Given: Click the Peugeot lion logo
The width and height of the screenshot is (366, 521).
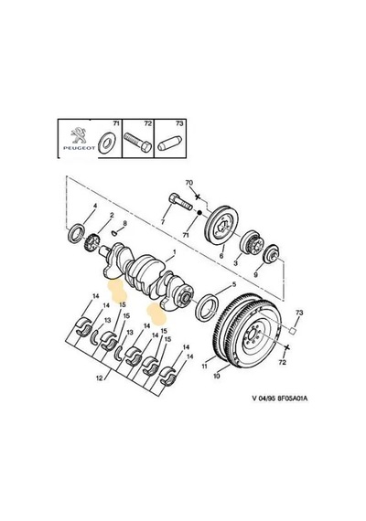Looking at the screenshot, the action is tap(78, 136).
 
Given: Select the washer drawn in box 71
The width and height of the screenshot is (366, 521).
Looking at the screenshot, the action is tap(106, 144).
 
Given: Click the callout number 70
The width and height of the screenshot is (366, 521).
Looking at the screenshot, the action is tap(189, 183).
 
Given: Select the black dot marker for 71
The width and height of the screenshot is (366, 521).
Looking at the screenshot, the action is tap(199, 212).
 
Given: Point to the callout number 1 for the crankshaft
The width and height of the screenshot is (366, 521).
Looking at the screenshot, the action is tap(174, 252).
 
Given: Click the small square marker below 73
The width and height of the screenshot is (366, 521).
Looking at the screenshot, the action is tap(293, 331).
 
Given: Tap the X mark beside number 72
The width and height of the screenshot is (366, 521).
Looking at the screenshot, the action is tap(287, 347).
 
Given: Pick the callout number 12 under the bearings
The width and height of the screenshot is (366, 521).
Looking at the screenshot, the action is tap(100, 378).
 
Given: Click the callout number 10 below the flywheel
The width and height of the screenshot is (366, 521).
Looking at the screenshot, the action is tap(216, 376).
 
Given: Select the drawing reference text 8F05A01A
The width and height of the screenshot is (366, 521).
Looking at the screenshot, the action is tap(293, 398).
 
